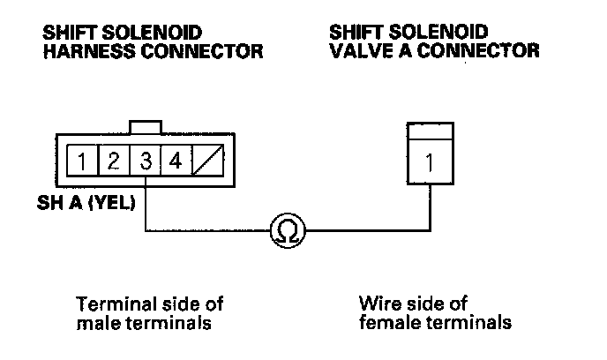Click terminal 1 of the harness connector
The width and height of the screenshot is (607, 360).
(x=82, y=161)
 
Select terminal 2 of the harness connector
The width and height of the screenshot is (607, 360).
(x=114, y=161)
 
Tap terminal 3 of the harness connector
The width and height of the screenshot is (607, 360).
(x=145, y=161)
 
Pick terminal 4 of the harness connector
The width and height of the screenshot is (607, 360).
(x=176, y=161)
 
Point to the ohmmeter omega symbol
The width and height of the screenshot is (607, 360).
(x=287, y=232)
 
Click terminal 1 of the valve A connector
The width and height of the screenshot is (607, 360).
(x=429, y=162)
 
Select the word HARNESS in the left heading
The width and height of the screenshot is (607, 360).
(x=82, y=51)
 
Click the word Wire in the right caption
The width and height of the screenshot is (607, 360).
(x=377, y=304)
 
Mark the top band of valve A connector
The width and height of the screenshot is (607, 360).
(x=429, y=131)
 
